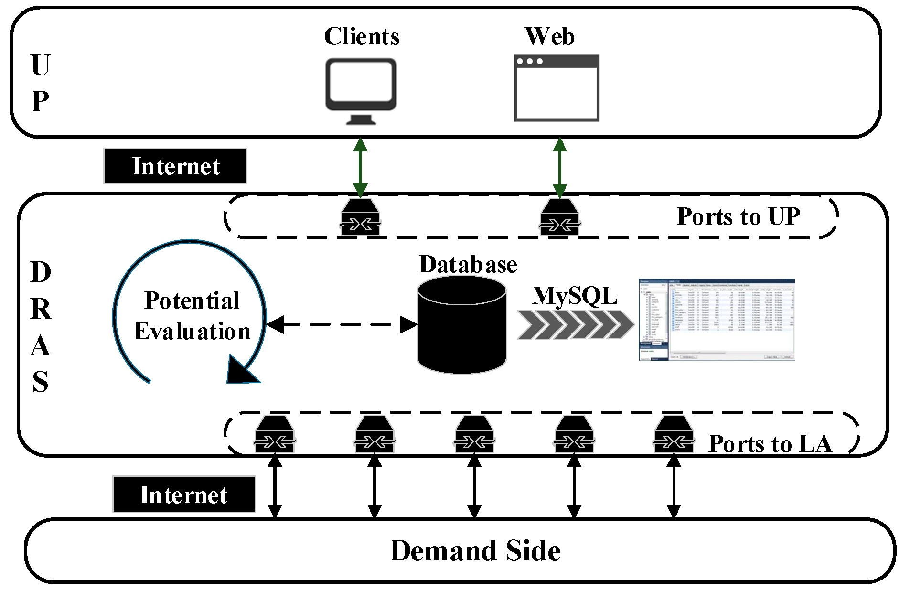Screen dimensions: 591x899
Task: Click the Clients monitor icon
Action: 361,88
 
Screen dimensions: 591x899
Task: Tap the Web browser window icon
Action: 557,88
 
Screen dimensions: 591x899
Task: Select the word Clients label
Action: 362,36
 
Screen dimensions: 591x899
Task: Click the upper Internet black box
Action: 175,166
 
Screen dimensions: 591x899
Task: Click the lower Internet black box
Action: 184,494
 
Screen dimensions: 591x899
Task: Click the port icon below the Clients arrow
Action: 361,217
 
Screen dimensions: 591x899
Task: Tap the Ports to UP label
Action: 738,216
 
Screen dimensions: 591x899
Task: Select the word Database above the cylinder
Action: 468,265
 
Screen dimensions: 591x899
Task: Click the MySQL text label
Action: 575,296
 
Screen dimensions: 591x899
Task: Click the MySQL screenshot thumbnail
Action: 717,319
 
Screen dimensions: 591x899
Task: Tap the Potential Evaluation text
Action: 192,316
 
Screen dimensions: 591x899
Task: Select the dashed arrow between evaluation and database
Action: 341,324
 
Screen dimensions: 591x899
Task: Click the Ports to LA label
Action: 770,444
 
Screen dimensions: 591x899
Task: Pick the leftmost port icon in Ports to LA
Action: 275,434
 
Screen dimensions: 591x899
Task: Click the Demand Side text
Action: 475,551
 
